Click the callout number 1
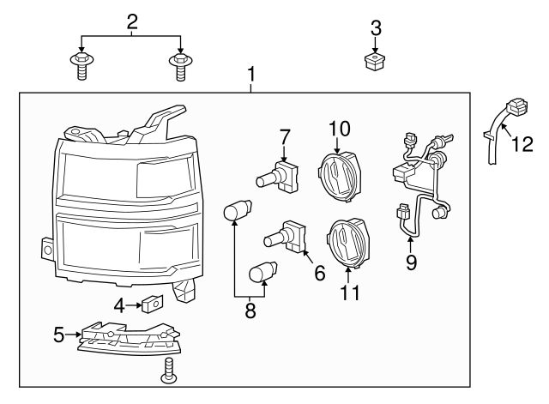[250, 75]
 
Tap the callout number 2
[131, 21]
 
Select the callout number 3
[375, 27]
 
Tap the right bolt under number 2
[180, 63]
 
